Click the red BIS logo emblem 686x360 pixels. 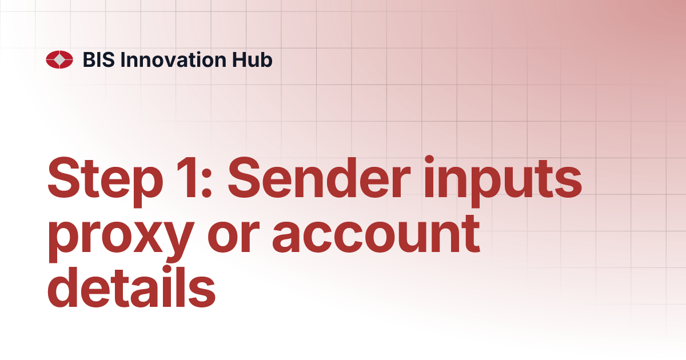[x=59, y=59]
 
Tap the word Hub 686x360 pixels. [x=252, y=59]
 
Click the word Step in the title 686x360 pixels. [x=105, y=182]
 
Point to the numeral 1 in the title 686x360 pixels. [x=186, y=178]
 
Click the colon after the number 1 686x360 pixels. [x=207, y=183]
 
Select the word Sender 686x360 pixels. [x=319, y=178]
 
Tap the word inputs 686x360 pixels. [x=503, y=182]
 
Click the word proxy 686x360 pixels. [x=121, y=238]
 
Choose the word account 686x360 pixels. [x=376, y=234]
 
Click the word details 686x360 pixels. [x=131, y=287]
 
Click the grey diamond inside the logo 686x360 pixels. [x=59, y=59]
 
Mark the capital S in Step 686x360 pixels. [x=66, y=178]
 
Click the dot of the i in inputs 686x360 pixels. [x=429, y=159]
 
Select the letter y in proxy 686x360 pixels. [x=177, y=242]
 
